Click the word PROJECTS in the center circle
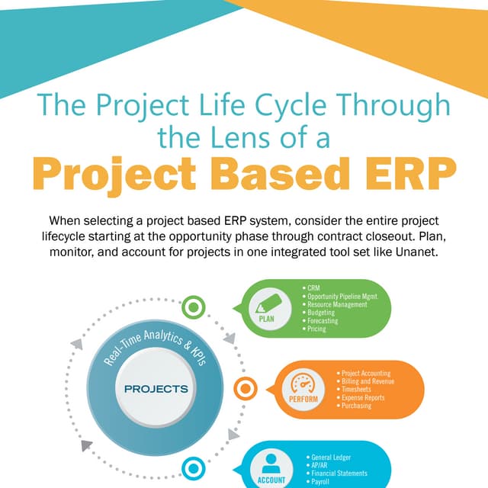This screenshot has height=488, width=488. coord(156,389)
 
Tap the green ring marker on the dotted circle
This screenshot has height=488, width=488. coord(196,307)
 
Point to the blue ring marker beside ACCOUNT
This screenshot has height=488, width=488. coord(194,468)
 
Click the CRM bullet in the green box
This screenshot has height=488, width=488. coord(313,287)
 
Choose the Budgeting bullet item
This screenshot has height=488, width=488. coord(321,313)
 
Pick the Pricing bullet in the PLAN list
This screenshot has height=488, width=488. coord(317,329)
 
